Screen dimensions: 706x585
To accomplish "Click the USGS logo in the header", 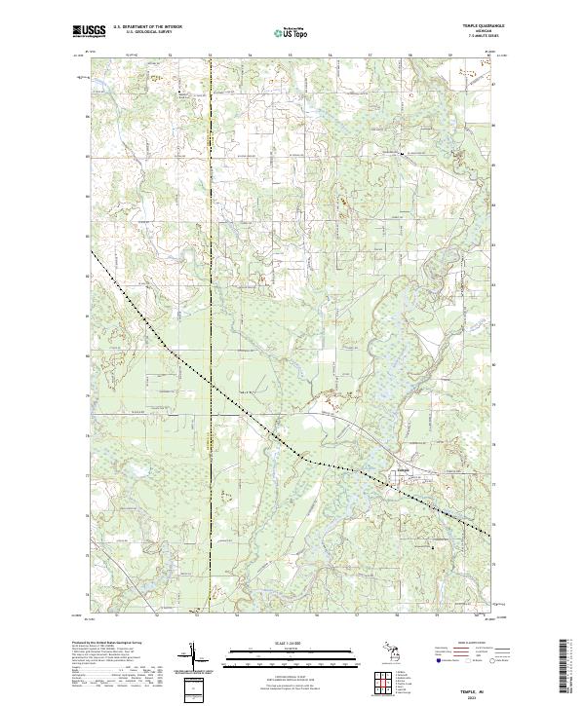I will [88, 32].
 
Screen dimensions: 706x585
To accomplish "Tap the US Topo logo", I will [292, 33].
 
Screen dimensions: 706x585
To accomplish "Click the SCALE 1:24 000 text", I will [292, 644].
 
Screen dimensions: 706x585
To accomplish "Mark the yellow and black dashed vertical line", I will [212, 292].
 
